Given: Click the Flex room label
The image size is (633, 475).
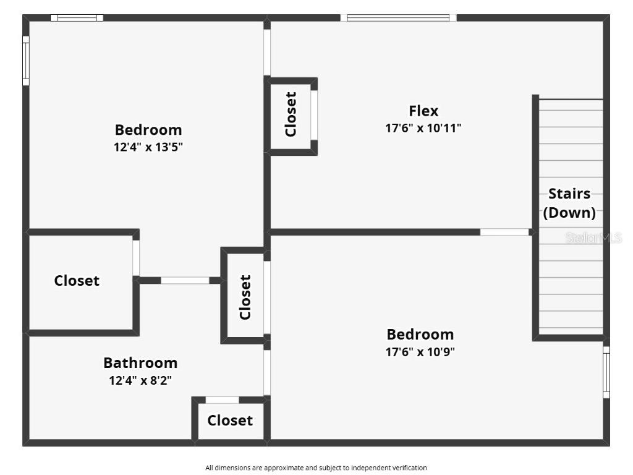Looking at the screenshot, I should pyautogui.click(x=423, y=111).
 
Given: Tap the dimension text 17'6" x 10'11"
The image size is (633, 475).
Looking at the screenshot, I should pyautogui.click(x=423, y=129).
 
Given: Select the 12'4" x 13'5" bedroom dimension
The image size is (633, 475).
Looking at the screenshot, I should pyautogui.click(x=148, y=147).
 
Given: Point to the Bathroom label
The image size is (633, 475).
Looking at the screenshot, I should pyautogui.click(x=140, y=362).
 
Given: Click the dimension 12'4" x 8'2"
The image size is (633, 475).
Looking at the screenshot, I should pyautogui.click(x=140, y=380).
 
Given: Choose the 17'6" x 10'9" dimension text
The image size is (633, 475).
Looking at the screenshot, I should pyautogui.click(x=420, y=352).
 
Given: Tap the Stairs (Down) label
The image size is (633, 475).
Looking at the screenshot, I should pyautogui.click(x=569, y=203).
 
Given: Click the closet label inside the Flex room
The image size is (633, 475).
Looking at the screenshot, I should pyautogui.click(x=291, y=114).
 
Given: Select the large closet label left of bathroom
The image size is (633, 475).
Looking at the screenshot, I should pyautogui.click(x=77, y=280).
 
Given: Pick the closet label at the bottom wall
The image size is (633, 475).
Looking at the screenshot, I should pyautogui.click(x=230, y=421).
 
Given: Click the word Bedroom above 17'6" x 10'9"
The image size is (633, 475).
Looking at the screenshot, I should pyautogui.click(x=420, y=335).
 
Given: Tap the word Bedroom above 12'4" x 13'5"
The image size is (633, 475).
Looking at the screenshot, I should pyautogui.click(x=148, y=130).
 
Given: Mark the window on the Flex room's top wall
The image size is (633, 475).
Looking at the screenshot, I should pyautogui.click(x=398, y=18).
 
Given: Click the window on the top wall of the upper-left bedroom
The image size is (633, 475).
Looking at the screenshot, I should pyautogui.click(x=77, y=18).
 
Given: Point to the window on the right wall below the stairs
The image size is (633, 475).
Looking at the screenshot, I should pyautogui.click(x=606, y=372).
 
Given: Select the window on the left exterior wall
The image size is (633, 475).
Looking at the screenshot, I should pyautogui.click(x=26, y=60).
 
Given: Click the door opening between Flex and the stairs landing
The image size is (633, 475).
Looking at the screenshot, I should pyautogui.click(x=504, y=232).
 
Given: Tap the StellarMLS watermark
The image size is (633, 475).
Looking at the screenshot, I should pyautogui.click(x=593, y=238).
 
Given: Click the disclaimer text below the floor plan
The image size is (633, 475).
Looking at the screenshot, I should pyautogui.click(x=316, y=468).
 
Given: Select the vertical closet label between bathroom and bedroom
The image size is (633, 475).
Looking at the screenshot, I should pyautogui.click(x=245, y=297).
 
